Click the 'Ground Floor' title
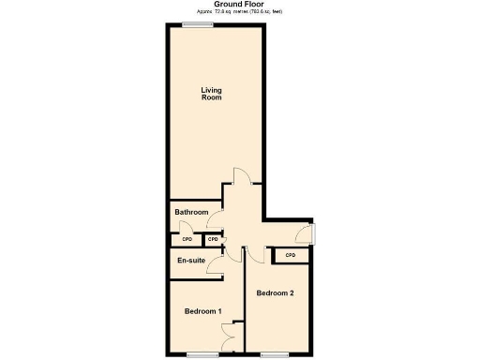tap(239, 4)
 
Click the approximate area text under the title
tap(239, 11)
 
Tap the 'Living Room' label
tap(212, 94)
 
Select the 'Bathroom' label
tap(191, 213)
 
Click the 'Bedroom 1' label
tap(202, 311)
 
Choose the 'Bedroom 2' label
tap(276, 293)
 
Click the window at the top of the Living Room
tap(196, 25)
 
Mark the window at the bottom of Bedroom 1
tap(202, 354)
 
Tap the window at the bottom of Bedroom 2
tap(275, 354)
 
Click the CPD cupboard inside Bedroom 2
tap(290, 255)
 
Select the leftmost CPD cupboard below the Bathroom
tap(187, 239)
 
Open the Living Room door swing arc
tap(241, 176)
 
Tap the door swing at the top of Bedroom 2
tap(253, 254)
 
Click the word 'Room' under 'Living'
tap(212, 97)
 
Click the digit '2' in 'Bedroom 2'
tap(292, 293)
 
